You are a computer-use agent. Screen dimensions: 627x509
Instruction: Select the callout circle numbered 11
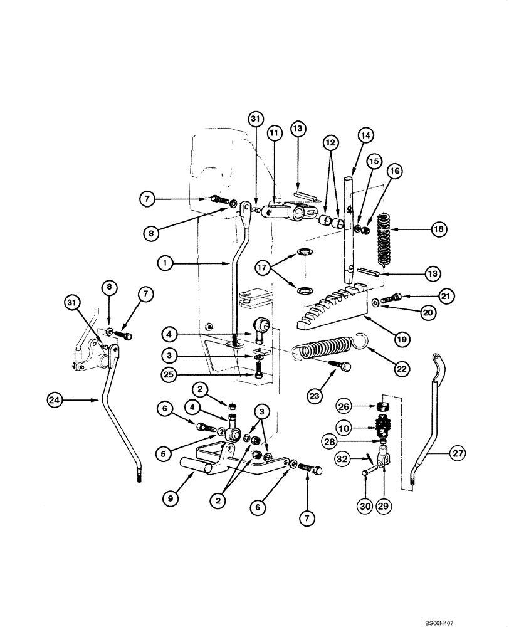point(273,133)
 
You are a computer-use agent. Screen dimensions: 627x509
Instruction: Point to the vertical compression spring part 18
point(385,238)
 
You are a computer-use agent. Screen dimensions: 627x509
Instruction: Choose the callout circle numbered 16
point(394,170)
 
